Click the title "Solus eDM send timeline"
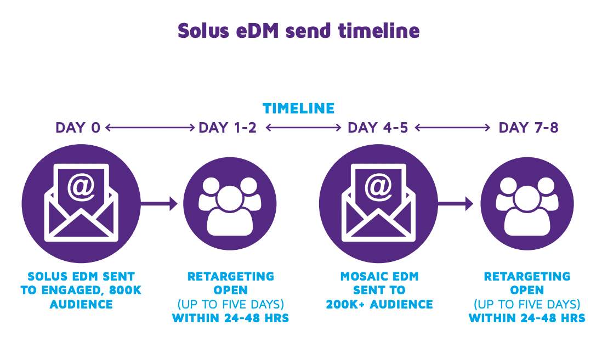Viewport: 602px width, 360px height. [299, 31]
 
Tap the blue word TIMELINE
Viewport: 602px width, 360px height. [298, 108]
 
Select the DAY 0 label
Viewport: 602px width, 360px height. [78, 128]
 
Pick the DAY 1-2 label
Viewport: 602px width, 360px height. [228, 128]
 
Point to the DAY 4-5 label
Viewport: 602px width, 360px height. [378, 128]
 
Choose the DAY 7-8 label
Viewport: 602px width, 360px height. [528, 128]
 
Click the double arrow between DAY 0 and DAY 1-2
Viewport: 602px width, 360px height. [150, 128]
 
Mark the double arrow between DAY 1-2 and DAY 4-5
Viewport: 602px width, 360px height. [303, 128]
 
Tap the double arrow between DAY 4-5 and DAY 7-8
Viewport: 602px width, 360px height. [453, 128]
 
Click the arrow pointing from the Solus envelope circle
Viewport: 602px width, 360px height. [159, 204]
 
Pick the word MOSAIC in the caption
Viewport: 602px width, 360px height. [362, 277]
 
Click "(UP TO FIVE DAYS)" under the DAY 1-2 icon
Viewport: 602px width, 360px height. [230, 304]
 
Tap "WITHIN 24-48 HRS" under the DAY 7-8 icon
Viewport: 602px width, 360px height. [527, 318]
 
